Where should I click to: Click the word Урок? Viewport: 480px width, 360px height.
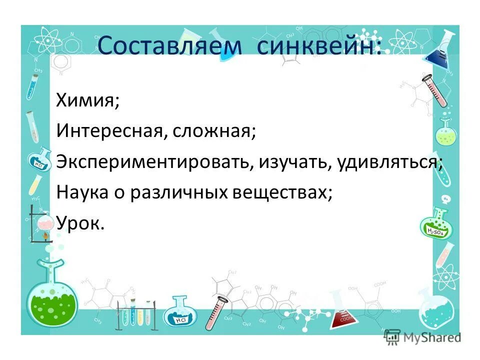(80, 223)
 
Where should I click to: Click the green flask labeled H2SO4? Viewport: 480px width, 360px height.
(435, 227)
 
